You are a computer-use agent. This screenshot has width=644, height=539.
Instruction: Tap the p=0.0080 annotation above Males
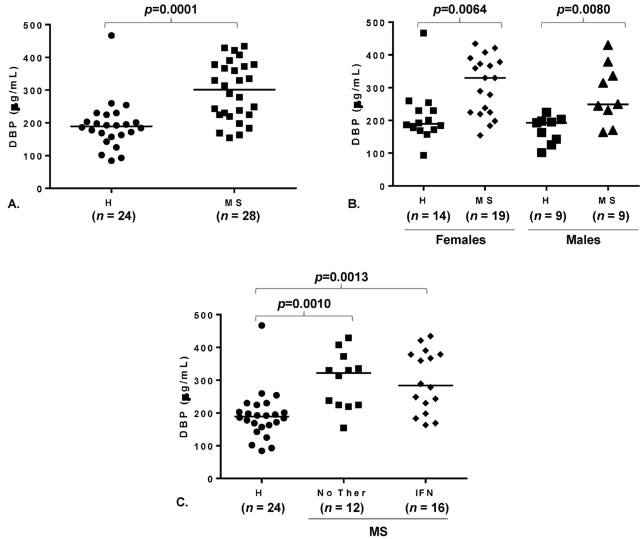582,9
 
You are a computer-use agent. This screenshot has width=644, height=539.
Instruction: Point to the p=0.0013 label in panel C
341,277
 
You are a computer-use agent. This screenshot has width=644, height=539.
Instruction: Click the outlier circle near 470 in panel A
111,35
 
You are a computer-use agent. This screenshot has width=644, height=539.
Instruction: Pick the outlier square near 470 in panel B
424,33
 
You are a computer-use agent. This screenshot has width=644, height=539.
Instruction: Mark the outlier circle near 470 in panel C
262,325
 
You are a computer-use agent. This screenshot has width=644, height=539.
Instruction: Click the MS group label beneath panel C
379,530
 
